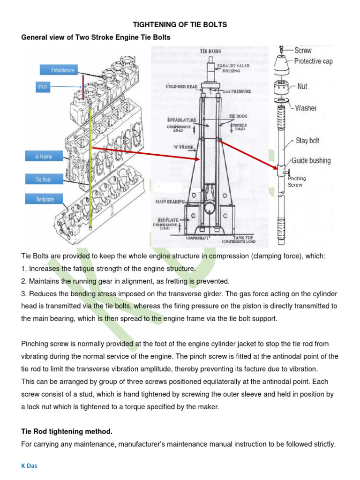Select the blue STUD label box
[43, 87]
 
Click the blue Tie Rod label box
[43, 179]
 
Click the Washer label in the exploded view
[306, 108]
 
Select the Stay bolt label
[307, 140]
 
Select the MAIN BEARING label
[170, 202]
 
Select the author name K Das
[30, 467]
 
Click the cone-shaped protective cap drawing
[283, 64]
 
